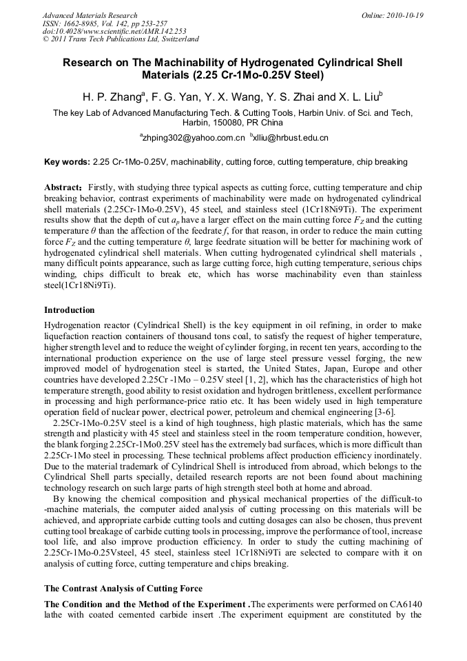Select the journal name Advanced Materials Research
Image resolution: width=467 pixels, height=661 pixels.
(x=90, y=15)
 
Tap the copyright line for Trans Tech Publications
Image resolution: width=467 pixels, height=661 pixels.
(x=121, y=39)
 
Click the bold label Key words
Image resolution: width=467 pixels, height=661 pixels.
(x=66, y=162)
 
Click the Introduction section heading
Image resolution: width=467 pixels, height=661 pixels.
(x=70, y=310)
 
